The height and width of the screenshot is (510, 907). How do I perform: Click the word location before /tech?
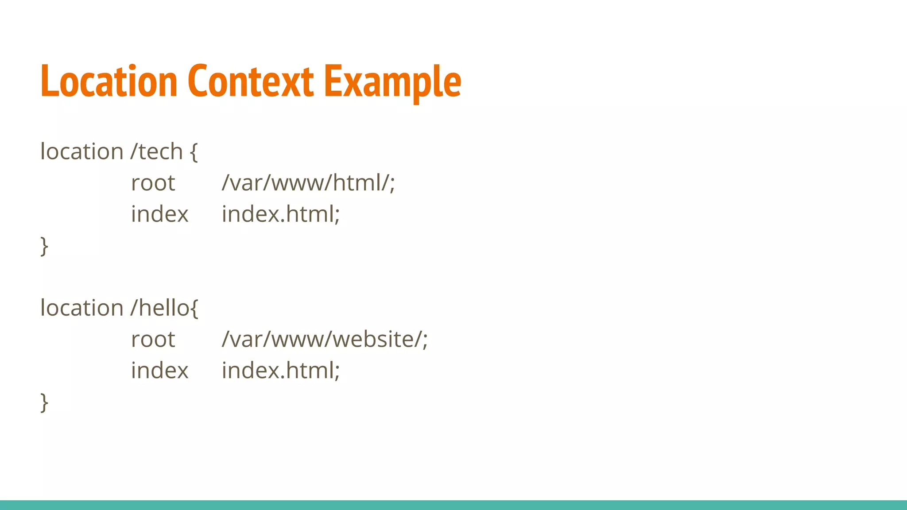(82, 152)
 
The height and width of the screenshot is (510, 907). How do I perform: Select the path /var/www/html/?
(308, 183)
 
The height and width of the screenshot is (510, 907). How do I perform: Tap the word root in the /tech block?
(153, 183)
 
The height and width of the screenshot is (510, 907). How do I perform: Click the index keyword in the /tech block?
(159, 214)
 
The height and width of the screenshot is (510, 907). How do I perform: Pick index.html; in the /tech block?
(281, 214)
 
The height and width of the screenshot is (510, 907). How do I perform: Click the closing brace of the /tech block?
(44, 246)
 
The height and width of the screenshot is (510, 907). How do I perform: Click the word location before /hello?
(82, 308)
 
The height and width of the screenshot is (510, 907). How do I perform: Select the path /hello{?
(164, 308)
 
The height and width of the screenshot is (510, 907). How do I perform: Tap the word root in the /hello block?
(153, 340)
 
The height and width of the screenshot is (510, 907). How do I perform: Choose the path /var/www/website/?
(325, 340)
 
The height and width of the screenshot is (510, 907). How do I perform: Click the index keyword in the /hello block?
(159, 371)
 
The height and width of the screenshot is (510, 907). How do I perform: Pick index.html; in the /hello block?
(281, 371)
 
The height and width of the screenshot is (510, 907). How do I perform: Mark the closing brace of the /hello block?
(44, 402)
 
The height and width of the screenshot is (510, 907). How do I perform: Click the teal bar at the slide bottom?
(453, 505)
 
